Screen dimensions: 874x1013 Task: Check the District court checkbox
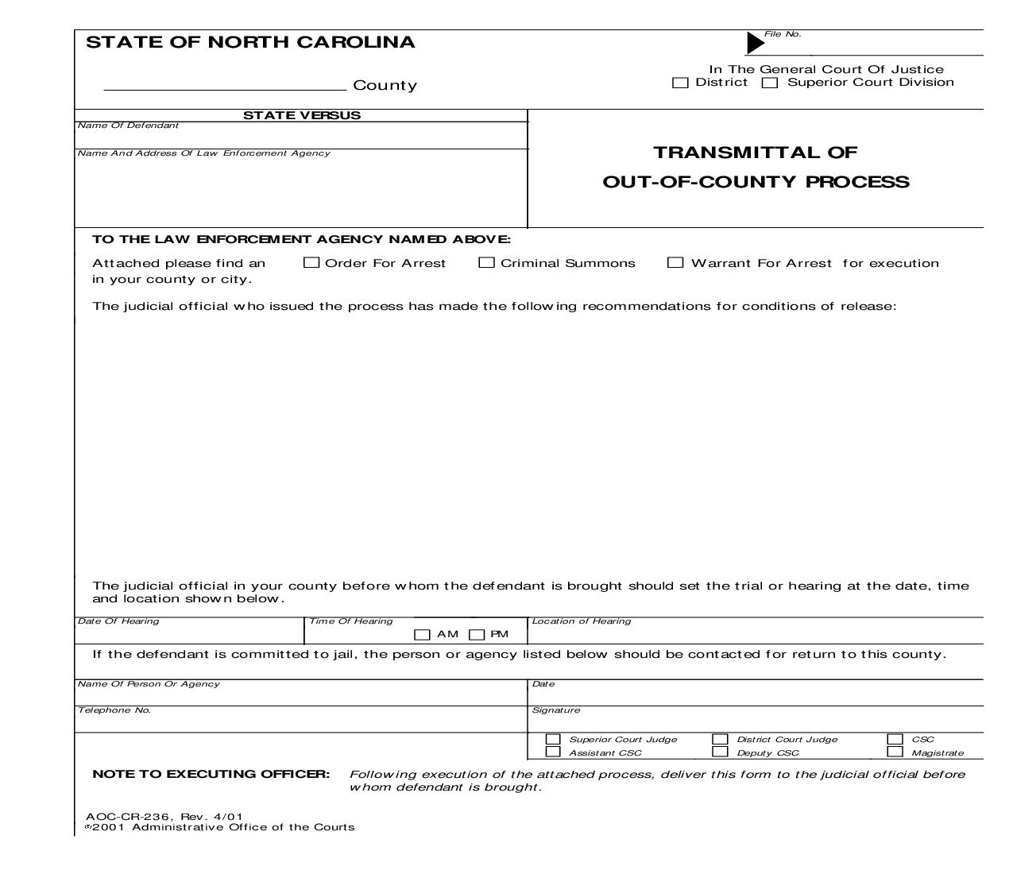(x=680, y=83)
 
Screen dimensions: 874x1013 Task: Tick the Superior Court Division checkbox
(x=770, y=83)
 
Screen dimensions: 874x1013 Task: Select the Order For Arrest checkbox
(x=311, y=262)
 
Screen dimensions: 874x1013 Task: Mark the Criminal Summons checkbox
(x=486, y=262)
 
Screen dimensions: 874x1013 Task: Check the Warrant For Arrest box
(x=675, y=262)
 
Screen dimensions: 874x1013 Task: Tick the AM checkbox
(x=423, y=634)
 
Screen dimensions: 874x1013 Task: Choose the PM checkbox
(x=477, y=634)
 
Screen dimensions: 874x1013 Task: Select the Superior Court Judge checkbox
(x=553, y=739)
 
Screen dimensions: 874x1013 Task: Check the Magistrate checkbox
(x=895, y=752)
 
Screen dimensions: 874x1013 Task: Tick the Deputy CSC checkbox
(x=720, y=752)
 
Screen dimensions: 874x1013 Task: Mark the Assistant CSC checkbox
(x=553, y=752)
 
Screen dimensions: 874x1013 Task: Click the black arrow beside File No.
(x=755, y=43)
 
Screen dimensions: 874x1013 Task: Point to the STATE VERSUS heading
(x=302, y=115)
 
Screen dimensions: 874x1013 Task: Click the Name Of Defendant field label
(x=128, y=126)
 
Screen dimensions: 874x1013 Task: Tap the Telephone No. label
(x=114, y=710)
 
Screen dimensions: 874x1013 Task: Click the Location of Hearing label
(x=582, y=621)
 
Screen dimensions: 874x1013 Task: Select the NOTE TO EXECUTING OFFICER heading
(x=211, y=774)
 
